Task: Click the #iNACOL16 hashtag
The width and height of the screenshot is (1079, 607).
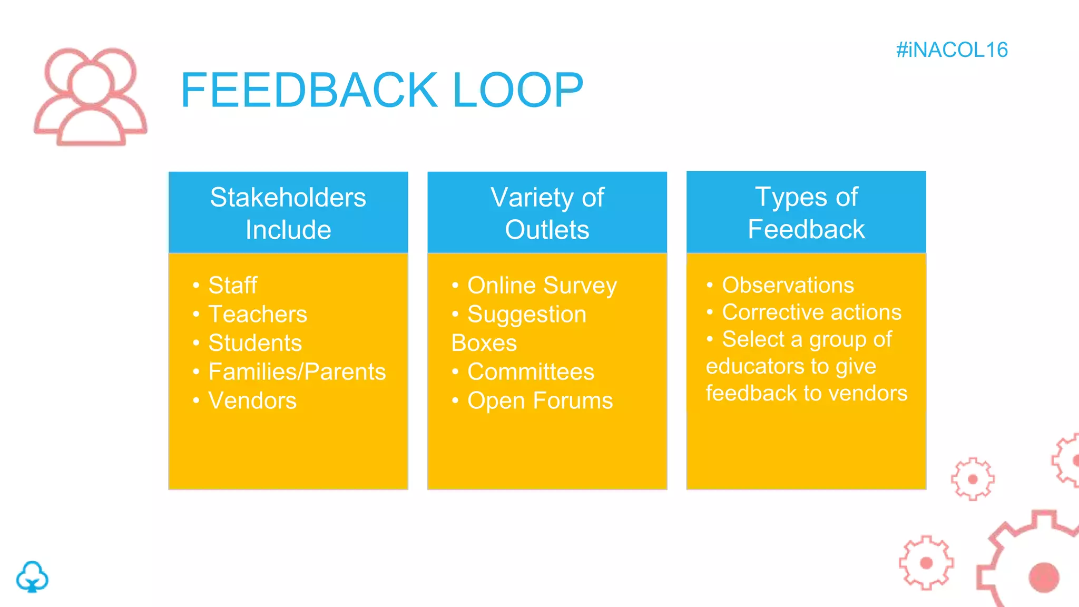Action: point(952,50)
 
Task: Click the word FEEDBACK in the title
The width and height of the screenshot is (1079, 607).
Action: point(309,91)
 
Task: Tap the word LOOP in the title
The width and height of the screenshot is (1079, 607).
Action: point(517,91)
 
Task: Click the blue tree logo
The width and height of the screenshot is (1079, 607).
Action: point(32,577)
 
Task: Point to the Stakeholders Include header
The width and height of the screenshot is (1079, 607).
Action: point(288,213)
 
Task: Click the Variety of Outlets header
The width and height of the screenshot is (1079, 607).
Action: point(547,213)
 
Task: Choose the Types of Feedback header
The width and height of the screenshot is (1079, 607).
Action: point(806,213)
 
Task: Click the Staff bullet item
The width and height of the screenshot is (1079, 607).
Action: point(232,286)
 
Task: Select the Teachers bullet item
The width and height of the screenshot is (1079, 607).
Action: point(258,315)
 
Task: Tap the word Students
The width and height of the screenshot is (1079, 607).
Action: point(255,343)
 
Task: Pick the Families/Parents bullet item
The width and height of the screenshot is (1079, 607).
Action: point(297,372)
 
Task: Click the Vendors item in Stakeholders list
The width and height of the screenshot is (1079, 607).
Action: point(252,401)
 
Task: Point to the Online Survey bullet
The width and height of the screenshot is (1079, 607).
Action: point(542,286)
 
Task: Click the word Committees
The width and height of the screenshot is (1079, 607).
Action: point(531,372)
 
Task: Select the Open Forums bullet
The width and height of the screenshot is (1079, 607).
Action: point(540,401)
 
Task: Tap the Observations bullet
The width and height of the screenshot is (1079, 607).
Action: point(788,285)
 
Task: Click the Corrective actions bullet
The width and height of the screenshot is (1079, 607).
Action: point(811,312)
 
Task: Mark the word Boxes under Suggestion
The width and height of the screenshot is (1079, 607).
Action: point(484,343)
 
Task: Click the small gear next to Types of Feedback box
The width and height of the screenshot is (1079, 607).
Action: point(973,479)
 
